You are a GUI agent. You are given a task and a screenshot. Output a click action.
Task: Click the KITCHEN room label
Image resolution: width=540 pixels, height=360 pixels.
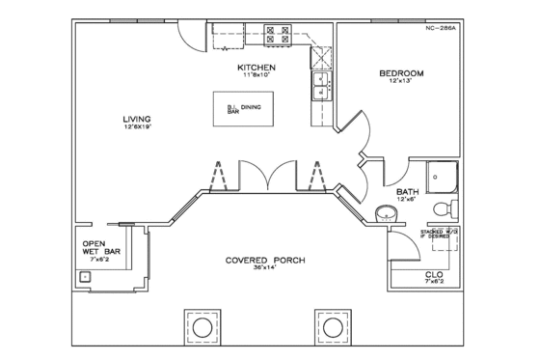[257, 68]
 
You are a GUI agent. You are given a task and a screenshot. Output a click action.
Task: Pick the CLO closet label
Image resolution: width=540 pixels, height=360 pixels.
[434, 274]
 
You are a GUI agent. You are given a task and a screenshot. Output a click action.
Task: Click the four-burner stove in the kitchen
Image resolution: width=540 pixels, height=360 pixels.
[278, 35]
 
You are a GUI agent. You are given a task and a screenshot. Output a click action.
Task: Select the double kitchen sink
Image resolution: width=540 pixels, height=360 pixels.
[319, 86]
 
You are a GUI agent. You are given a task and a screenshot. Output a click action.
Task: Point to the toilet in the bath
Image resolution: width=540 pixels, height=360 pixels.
[445, 208]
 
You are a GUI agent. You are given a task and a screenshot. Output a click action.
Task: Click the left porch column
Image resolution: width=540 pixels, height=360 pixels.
[202, 329]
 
